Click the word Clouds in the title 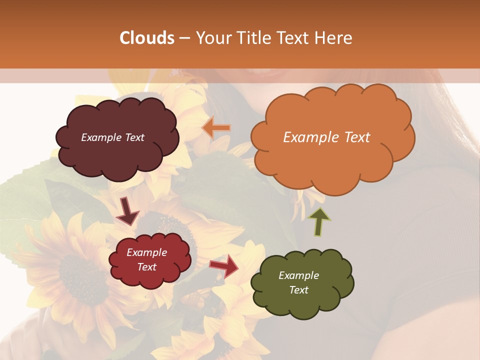click(147, 38)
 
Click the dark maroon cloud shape click(116, 150)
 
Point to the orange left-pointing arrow click(216, 128)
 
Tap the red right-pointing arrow click(224, 266)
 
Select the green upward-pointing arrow click(319, 221)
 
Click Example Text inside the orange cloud click(326, 137)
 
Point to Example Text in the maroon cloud click(112, 137)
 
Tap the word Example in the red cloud click(147, 252)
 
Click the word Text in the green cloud click(298, 290)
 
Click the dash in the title click(184, 38)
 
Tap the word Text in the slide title click(294, 38)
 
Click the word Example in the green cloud click(298, 275)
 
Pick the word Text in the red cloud click(147, 267)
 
